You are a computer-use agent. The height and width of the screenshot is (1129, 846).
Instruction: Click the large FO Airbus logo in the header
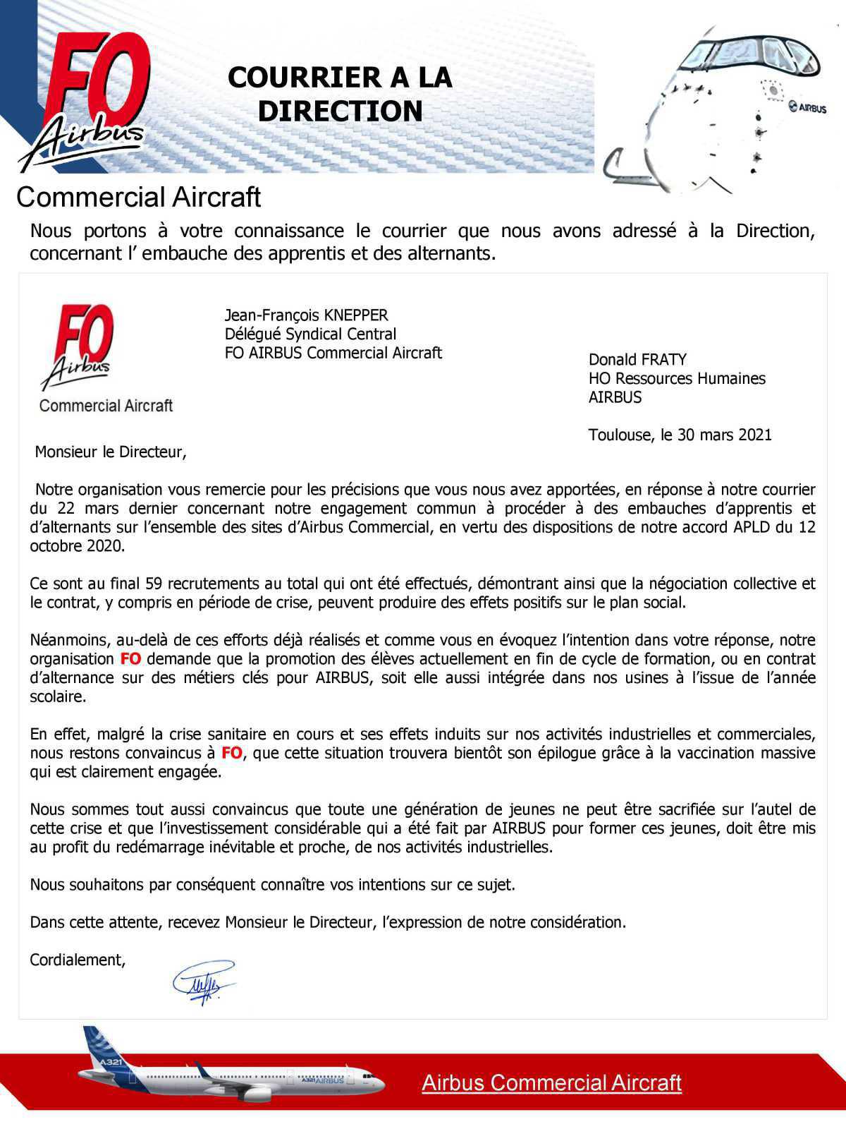coord(88,99)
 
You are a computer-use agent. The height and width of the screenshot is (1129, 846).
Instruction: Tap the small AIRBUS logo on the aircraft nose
coord(808,107)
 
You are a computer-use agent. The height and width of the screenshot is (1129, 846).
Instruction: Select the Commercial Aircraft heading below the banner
coord(138,198)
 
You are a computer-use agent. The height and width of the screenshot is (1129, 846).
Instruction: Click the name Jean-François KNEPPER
coord(306,315)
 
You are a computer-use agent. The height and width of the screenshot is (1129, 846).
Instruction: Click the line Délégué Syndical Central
coord(310,334)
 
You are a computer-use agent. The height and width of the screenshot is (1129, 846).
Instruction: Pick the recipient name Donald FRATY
coord(637,360)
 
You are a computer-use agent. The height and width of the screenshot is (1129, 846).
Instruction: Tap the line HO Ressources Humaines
coord(676,379)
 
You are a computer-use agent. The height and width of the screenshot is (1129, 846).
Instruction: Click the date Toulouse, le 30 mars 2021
coord(680,435)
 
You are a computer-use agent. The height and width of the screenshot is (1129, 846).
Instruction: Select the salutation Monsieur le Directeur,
coord(111,452)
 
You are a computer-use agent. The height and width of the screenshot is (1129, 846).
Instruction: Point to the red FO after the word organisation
coord(130,659)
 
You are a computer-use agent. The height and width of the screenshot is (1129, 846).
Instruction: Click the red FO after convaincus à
coord(231,753)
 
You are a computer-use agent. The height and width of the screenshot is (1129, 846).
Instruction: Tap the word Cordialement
coord(77,960)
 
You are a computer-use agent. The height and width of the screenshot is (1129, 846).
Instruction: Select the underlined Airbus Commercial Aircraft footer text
coord(551,1082)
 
